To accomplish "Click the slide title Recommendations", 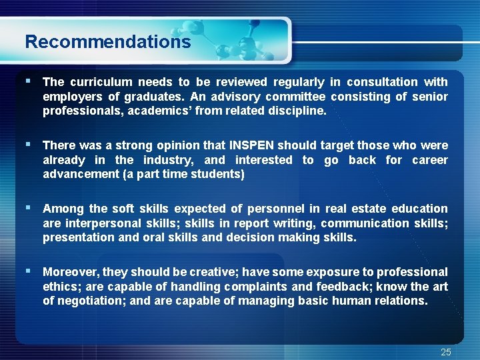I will (107, 42).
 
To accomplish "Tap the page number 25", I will (446, 352).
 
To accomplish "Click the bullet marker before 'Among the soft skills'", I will (27, 207).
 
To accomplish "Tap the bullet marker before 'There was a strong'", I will (27, 144).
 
